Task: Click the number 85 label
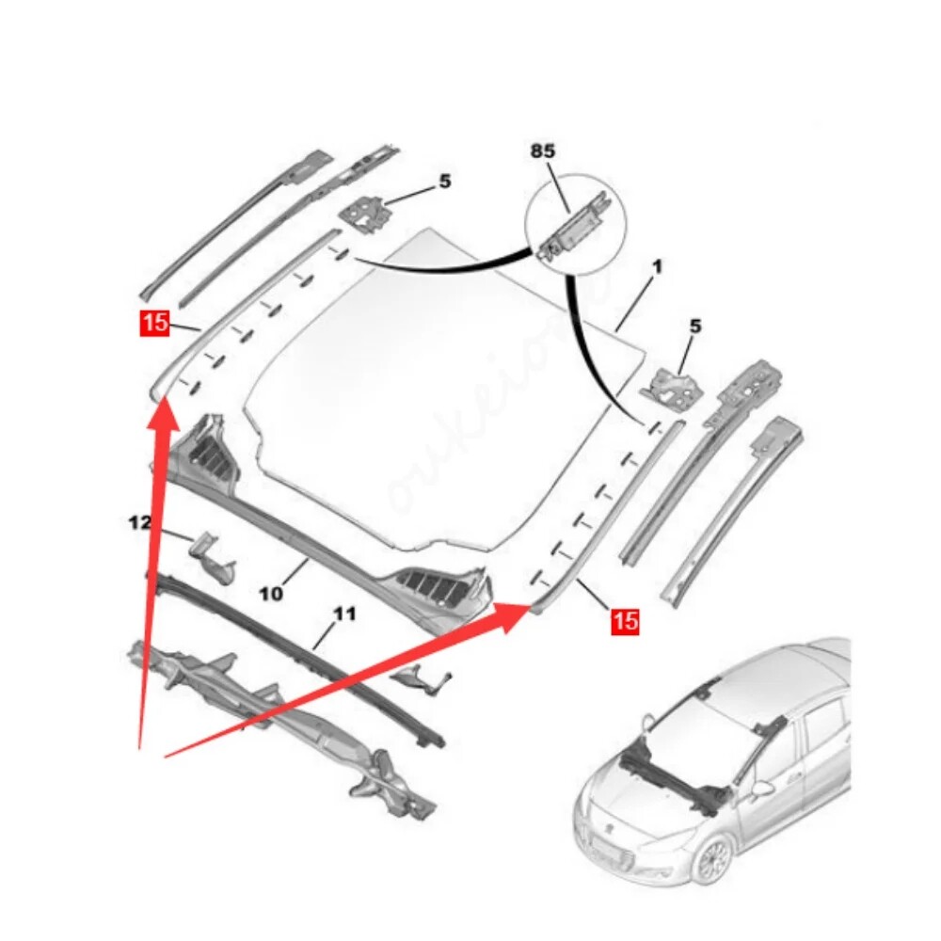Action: pyautogui.click(x=543, y=151)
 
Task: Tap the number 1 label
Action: pyautogui.click(x=657, y=267)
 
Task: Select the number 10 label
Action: pyautogui.click(x=271, y=594)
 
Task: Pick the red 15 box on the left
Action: pyautogui.click(x=154, y=323)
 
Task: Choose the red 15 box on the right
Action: pyautogui.click(x=625, y=620)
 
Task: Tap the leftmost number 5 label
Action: pyautogui.click(x=444, y=182)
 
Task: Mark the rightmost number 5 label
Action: pyautogui.click(x=695, y=327)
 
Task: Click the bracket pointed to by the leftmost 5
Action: pyautogui.click(x=365, y=213)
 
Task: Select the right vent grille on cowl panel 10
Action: pyautogui.click(x=437, y=586)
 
